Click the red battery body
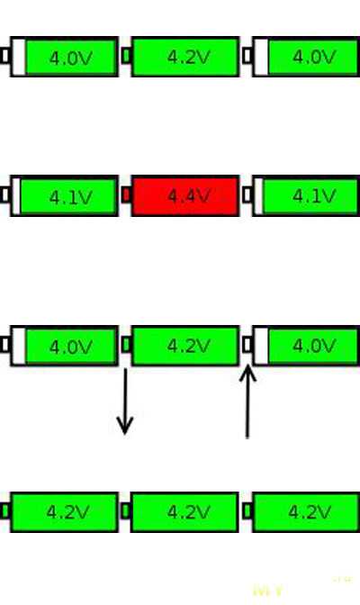coord(185,195)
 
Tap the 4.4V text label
coord(189,196)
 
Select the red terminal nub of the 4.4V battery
coord(126,195)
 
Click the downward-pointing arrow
coord(125,402)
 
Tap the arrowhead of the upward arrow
coord(247,374)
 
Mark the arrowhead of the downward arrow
coord(125,426)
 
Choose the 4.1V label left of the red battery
coord(71,198)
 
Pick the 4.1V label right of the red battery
coord(314,196)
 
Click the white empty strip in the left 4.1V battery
coord(16,195)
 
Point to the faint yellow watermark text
coord(268,591)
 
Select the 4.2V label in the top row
coord(189,58)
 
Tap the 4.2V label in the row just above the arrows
coord(189,346)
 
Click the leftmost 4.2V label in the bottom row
coord(67,512)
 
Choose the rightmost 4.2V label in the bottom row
coord(310,512)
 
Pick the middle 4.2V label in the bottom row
coord(189,512)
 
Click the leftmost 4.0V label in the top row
coord(71,59)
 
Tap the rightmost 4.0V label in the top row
coord(314,58)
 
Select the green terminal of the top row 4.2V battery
coord(126,56)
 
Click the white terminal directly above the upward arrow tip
coord(247,344)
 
